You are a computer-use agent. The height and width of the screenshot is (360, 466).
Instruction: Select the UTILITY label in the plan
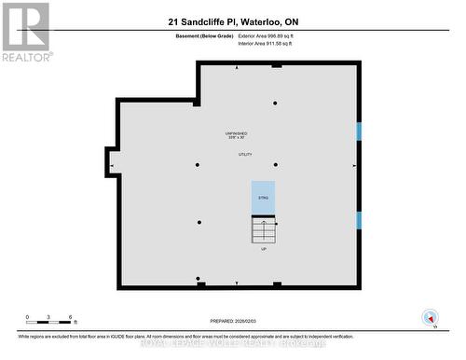(245, 155)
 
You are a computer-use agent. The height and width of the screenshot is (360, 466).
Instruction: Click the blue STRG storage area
(263, 198)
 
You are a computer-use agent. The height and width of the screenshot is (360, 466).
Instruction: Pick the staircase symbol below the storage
(263, 229)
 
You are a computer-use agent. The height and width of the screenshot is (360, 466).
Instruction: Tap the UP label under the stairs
(263, 249)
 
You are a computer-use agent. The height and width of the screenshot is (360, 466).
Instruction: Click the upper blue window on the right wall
(359, 131)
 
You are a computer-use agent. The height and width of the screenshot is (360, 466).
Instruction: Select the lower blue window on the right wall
(359, 220)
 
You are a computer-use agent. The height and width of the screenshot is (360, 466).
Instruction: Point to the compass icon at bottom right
(430, 316)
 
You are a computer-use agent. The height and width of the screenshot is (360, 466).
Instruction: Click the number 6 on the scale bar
(71, 318)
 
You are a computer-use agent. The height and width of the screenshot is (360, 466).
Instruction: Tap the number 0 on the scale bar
(28, 318)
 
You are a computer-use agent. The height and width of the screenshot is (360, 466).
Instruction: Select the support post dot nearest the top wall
(275, 103)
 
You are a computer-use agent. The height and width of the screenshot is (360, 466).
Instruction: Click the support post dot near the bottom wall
(198, 278)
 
